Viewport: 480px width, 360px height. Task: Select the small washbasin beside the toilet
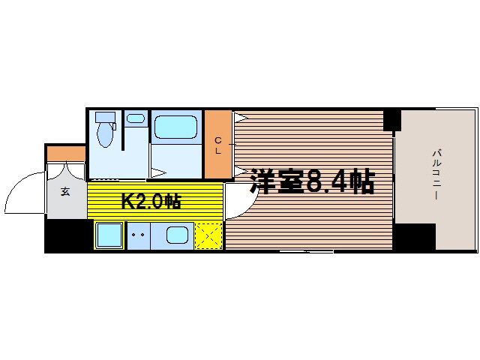click(x=135, y=118)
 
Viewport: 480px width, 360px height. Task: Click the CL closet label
click(x=218, y=145)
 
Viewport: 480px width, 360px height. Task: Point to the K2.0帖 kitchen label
click(x=151, y=201)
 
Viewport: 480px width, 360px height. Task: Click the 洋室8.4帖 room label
click(x=312, y=181)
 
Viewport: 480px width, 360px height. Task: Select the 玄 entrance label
click(x=65, y=191)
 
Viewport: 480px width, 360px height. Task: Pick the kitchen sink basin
click(x=177, y=235)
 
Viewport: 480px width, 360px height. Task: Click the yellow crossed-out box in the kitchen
click(x=208, y=235)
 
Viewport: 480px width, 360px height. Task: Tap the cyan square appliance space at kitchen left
click(x=109, y=235)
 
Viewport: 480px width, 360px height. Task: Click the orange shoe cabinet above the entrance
click(x=66, y=154)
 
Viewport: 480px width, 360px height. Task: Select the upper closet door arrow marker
click(x=240, y=118)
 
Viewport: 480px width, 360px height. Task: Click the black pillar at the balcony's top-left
click(x=391, y=119)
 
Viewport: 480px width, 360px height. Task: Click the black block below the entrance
click(x=68, y=235)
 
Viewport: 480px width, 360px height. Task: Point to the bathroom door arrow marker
click(x=158, y=173)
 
